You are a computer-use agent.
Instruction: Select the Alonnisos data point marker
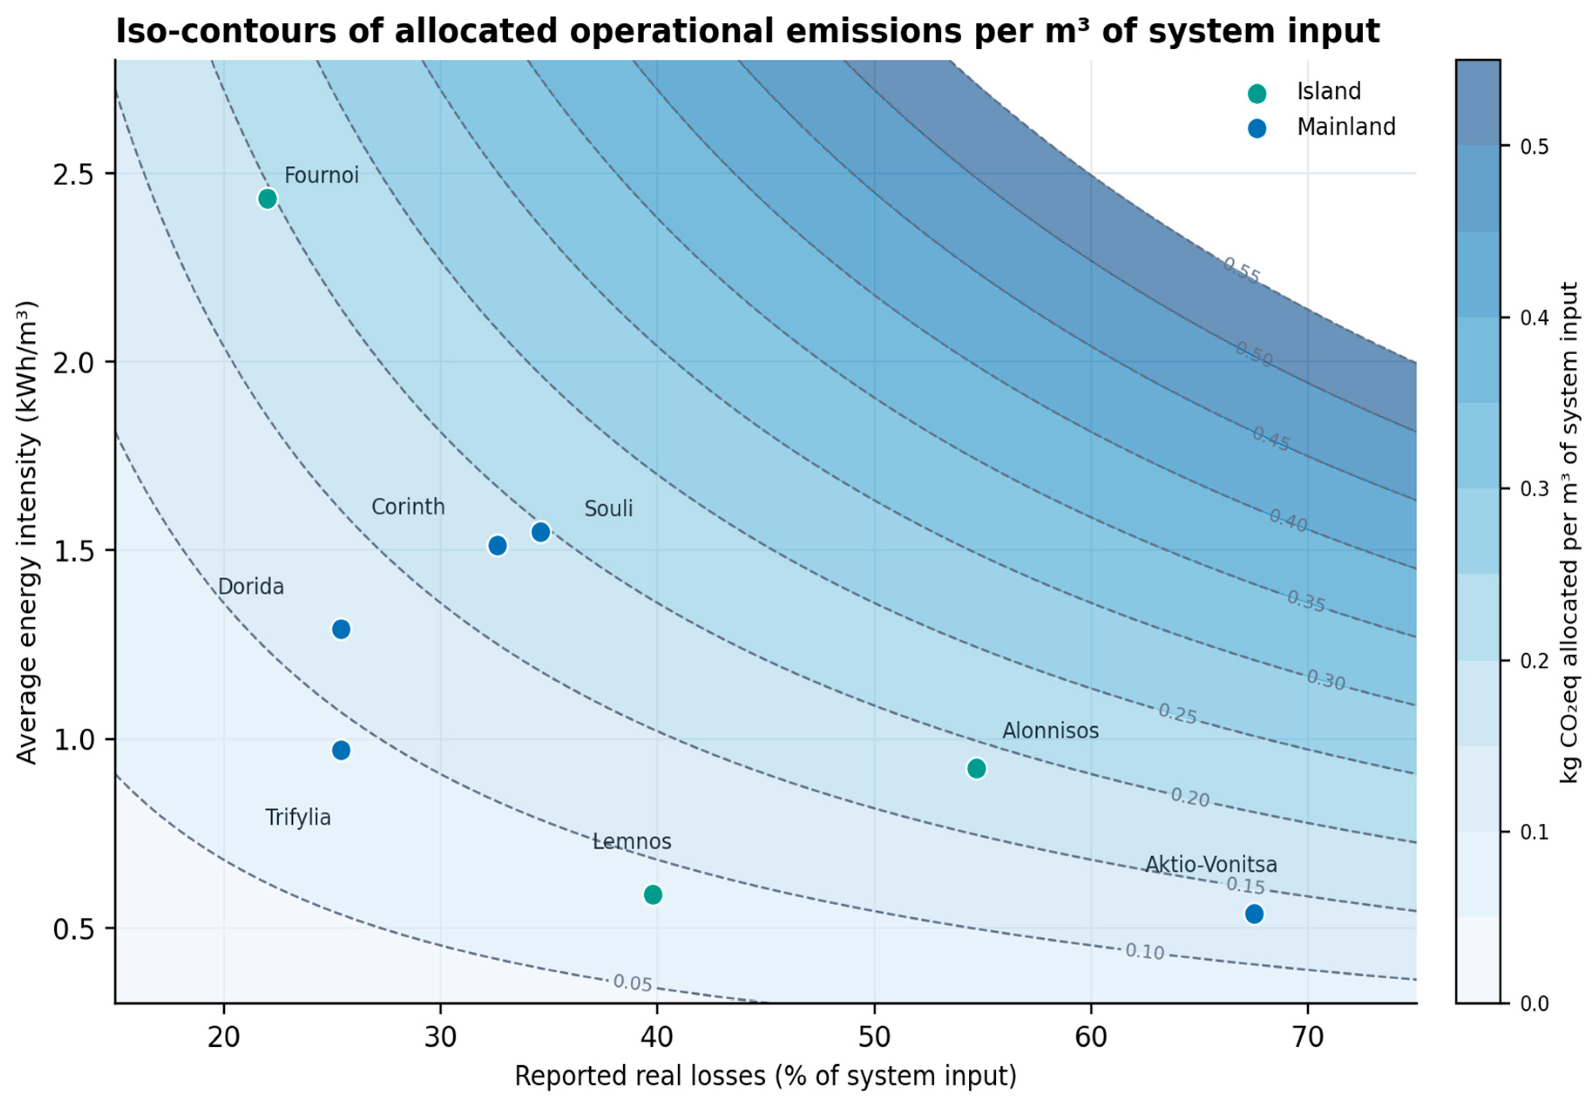point(976,768)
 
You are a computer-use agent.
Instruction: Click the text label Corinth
point(408,506)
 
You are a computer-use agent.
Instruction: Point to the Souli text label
point(609,509)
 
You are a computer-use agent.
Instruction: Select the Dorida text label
point(251,587)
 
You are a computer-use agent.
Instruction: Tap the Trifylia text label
point(298,818)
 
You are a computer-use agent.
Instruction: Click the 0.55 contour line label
point(1241,270)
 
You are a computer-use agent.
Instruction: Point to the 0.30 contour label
point(1326,680)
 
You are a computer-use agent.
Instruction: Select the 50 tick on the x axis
point(875,1037)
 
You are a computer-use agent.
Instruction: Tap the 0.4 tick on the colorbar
point(1534,318)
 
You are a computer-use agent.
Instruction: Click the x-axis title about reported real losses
point(765,1076)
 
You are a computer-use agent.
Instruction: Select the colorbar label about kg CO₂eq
point(1569,532)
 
